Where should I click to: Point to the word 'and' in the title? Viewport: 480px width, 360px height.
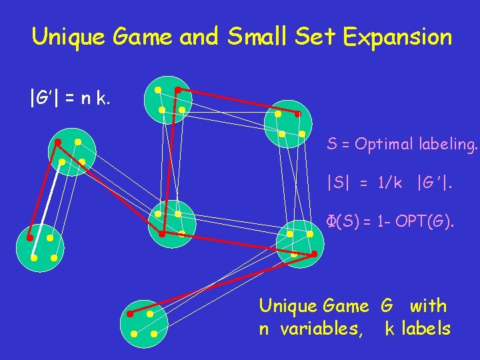click(198, 37)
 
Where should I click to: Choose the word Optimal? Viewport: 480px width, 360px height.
click(380, 144)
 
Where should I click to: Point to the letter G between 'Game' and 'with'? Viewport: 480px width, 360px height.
click(387, 306)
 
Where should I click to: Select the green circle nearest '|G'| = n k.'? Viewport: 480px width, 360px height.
click(170, 100)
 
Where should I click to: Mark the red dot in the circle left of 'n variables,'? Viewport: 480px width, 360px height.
click(130, 313)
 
